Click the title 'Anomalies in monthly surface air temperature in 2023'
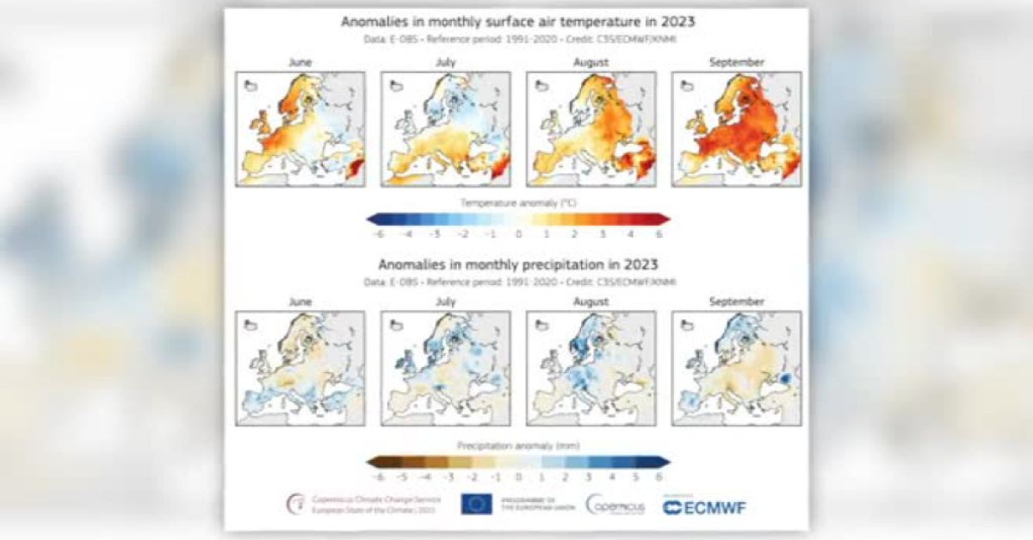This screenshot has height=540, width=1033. click(516, 21)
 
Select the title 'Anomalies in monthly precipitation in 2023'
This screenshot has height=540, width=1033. click(516, 264)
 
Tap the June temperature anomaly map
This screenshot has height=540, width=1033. click(300, 128)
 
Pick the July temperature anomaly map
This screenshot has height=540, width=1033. click(445, 128)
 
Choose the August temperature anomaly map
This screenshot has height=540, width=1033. click(591, 128)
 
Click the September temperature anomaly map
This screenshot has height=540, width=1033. click(736, 128)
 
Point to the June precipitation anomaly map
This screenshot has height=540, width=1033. click(300, 368)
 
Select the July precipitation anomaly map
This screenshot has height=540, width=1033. click(445, 368)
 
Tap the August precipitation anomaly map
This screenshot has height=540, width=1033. click(591, 368)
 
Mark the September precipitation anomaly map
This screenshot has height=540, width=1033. click(736, 368)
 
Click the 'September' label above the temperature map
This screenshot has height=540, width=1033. click(736, 62)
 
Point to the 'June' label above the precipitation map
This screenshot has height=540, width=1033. click(300, 302)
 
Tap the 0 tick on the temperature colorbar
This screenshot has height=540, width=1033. click(518, 233)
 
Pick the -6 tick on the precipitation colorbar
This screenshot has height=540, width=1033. click(376, 476)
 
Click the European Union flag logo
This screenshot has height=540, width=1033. click(476, 504)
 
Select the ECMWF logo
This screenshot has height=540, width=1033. click(705, 506)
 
